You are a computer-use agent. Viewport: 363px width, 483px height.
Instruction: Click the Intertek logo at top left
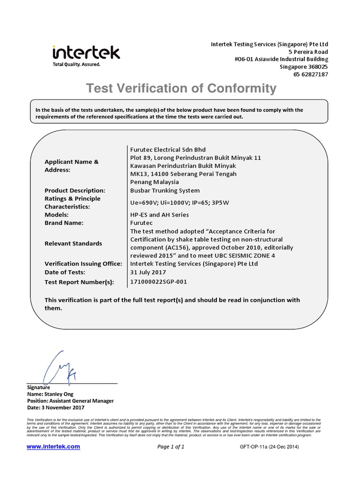86,55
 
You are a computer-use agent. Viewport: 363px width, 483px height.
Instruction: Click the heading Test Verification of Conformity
180,88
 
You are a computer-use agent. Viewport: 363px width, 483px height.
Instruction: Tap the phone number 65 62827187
310,75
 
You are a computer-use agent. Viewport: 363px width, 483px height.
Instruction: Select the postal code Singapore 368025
304,67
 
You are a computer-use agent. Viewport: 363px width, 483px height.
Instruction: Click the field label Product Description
74,191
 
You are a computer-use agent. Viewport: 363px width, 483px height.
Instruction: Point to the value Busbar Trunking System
164,191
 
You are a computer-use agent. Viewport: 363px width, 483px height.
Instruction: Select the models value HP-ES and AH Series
159,215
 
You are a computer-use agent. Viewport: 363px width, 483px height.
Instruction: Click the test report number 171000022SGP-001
161,282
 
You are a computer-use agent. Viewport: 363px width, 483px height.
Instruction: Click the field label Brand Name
64,223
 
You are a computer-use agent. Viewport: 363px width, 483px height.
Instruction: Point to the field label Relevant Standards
73,243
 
